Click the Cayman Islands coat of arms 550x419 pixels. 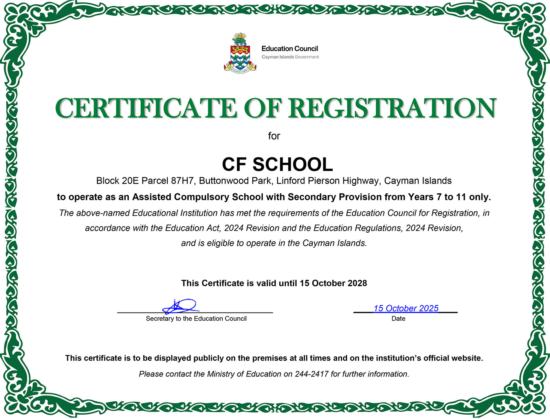click(x=240, y=54)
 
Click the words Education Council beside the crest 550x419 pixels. click(x=290, y=49)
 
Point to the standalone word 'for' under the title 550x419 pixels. click(x=274, y=136)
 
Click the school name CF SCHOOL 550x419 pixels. click(x=277, y=164)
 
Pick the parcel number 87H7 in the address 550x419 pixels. click(x=182, y=181)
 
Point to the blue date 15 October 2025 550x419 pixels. click(x=406, y=309)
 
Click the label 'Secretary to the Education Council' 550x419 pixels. click(x=196, y=319)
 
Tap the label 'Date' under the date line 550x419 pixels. click(x=398, y=319)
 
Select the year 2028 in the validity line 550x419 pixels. click(x=356, y=283)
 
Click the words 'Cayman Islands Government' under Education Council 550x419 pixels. click(x=290, y=57)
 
